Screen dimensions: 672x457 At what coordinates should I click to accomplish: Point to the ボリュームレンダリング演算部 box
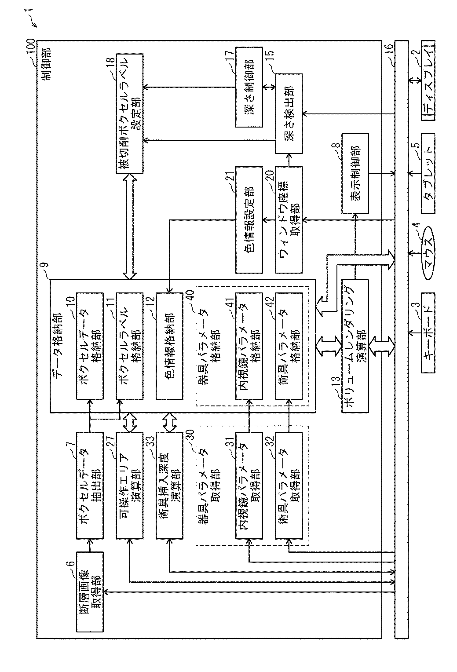tap(355, 346)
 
